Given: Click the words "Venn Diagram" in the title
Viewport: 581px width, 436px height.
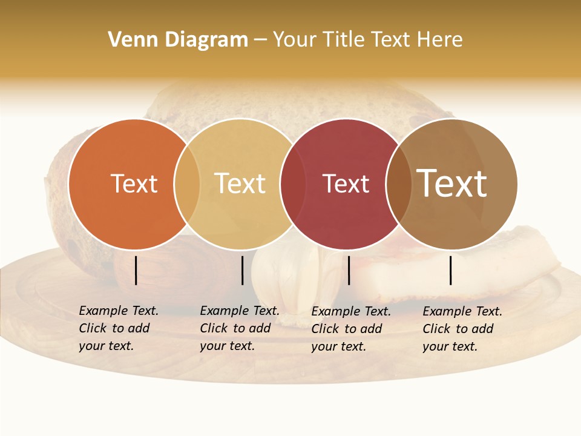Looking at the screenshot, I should (178, 40).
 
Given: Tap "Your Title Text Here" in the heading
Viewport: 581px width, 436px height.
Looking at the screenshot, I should (367, 40).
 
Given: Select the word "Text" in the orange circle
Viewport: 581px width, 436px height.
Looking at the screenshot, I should (134, 183).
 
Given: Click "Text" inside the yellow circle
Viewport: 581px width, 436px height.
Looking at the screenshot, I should (240, 183).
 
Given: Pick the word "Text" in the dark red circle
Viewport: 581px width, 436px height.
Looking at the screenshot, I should (346, 183).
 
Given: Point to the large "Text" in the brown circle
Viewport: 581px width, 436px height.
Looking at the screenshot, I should (452, 183).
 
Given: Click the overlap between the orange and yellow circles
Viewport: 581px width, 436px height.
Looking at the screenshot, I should (187, 184).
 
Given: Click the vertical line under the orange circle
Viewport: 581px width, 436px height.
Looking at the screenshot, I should (136, 270).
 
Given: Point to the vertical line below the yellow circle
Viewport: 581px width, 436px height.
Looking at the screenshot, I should (242, 270).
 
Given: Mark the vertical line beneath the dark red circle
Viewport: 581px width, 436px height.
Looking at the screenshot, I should (349, 270).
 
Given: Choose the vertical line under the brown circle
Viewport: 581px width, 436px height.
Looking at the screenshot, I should (451, 270).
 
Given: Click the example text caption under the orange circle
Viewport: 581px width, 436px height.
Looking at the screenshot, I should (119, 328).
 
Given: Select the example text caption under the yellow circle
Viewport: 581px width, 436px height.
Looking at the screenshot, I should (240, 328).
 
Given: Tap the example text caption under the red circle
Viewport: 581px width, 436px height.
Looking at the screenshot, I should (351, 329).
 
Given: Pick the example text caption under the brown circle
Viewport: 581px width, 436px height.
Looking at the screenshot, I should (462, 329).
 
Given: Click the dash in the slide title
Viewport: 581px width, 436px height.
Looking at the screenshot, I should (260, 40).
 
